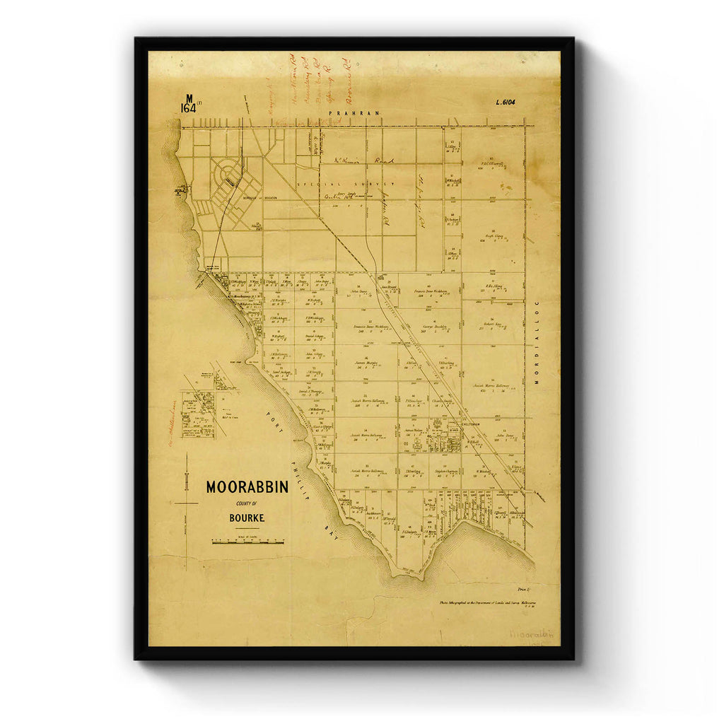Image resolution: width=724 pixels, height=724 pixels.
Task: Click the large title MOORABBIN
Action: (247, 487)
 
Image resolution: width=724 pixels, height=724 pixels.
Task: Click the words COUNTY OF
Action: (247, 503)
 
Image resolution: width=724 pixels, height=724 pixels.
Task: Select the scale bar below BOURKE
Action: (247, 542)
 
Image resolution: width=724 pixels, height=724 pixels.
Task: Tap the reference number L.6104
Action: (506, 103)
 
